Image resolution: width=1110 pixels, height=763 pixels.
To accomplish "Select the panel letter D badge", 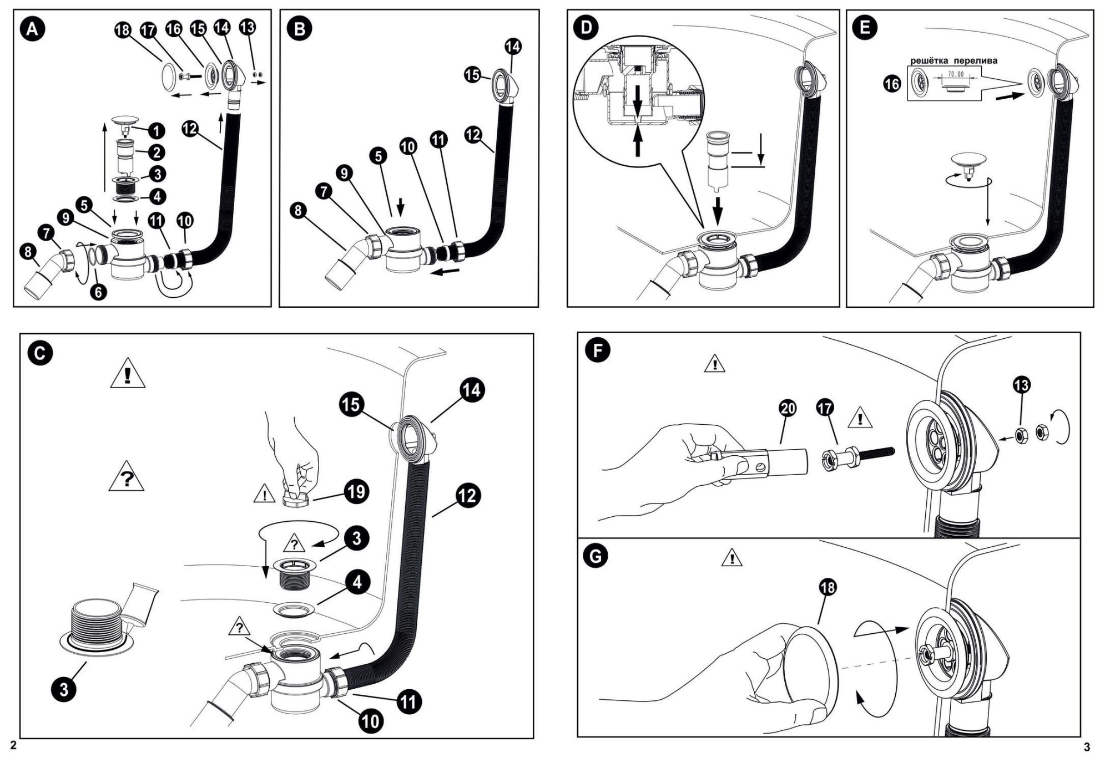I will pos(587,28).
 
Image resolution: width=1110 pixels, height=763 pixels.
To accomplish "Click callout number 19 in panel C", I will pos(356,491).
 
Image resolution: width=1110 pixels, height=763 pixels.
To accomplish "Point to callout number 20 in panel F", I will pos(788,409).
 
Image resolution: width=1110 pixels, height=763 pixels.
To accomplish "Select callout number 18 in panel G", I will pos(828,587).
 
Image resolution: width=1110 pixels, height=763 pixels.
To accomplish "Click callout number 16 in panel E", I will pos(892,84).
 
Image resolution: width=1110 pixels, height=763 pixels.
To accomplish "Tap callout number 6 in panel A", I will pos(98,291).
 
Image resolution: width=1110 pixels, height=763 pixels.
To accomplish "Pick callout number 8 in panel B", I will pos(299,211).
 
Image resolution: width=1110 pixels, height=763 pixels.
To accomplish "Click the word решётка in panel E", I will pos(929,61).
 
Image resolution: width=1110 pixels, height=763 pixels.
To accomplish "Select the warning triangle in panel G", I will pos(732,558).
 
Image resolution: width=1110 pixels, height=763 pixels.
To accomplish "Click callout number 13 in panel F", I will pos(1022,385).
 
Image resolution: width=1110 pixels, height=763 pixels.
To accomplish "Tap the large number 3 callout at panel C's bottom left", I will pos(64,689).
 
